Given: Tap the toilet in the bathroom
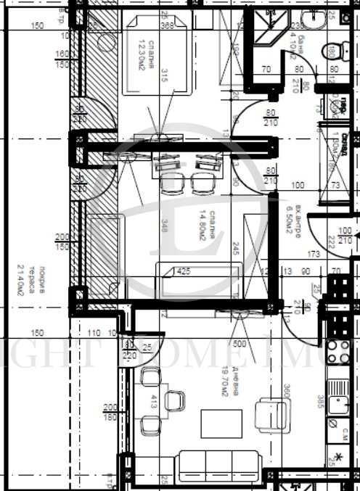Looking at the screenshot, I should click(x=333, y=51).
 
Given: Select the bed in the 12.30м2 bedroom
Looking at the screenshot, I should click(x=157, y=57).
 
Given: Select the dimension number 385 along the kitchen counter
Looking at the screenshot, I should click(x=320, y=401).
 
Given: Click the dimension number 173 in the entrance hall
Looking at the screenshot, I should click(x=314, y=255).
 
